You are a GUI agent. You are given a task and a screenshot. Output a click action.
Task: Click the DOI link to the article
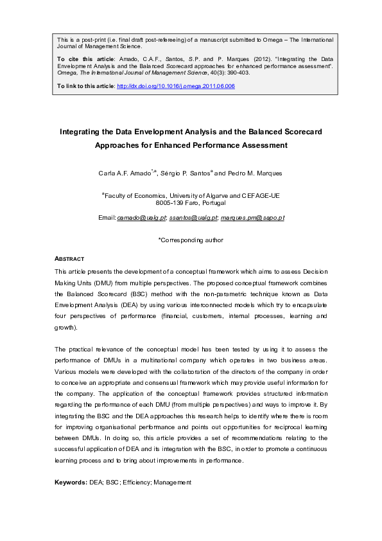pos(175,86)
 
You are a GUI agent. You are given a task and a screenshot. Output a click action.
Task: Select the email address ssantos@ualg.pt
pos(193,218)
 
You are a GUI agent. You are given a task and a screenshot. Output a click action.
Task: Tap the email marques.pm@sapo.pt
pos(252,218)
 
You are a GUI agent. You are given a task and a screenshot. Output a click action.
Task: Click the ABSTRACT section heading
pos(69,258)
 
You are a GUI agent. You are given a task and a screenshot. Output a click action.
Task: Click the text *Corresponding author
pos(191,240)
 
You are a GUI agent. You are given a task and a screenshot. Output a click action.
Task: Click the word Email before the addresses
pos(106,218)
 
